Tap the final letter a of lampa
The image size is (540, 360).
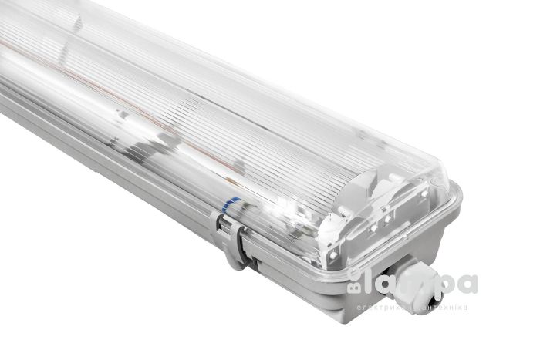pos(467,283)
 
